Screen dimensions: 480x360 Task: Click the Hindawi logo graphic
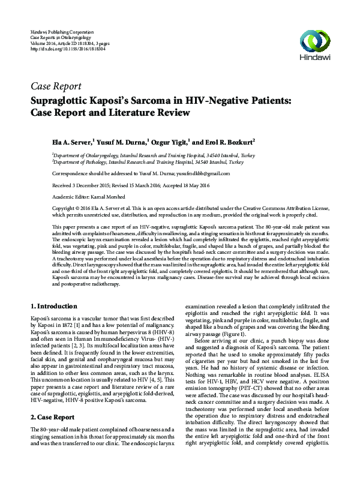pos(316,41)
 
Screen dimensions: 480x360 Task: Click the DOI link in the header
pos(62,49)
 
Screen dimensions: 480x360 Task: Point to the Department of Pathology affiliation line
pos(148,161)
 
